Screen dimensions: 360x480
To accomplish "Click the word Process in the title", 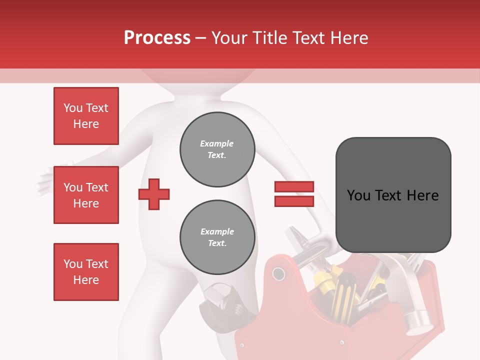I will coord(157,38).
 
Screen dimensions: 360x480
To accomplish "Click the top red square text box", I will coord(86,116).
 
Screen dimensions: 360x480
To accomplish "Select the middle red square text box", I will coord(86,195).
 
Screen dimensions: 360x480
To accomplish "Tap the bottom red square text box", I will coord(86,271).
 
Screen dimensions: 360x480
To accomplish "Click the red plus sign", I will coord(154,194).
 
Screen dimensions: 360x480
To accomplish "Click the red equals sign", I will coord(294,194).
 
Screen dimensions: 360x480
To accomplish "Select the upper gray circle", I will coord(217,149).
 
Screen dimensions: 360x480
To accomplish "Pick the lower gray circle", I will coord(217,237).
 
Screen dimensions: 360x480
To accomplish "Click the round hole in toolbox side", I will coord(278,273).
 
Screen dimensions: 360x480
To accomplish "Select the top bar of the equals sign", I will coord(294,187).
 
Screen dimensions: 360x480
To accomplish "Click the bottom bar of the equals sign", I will coord(294,201).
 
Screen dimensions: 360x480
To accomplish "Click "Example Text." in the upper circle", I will coord(217,149).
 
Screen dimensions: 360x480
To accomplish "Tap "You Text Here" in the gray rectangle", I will coord(393,195).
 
